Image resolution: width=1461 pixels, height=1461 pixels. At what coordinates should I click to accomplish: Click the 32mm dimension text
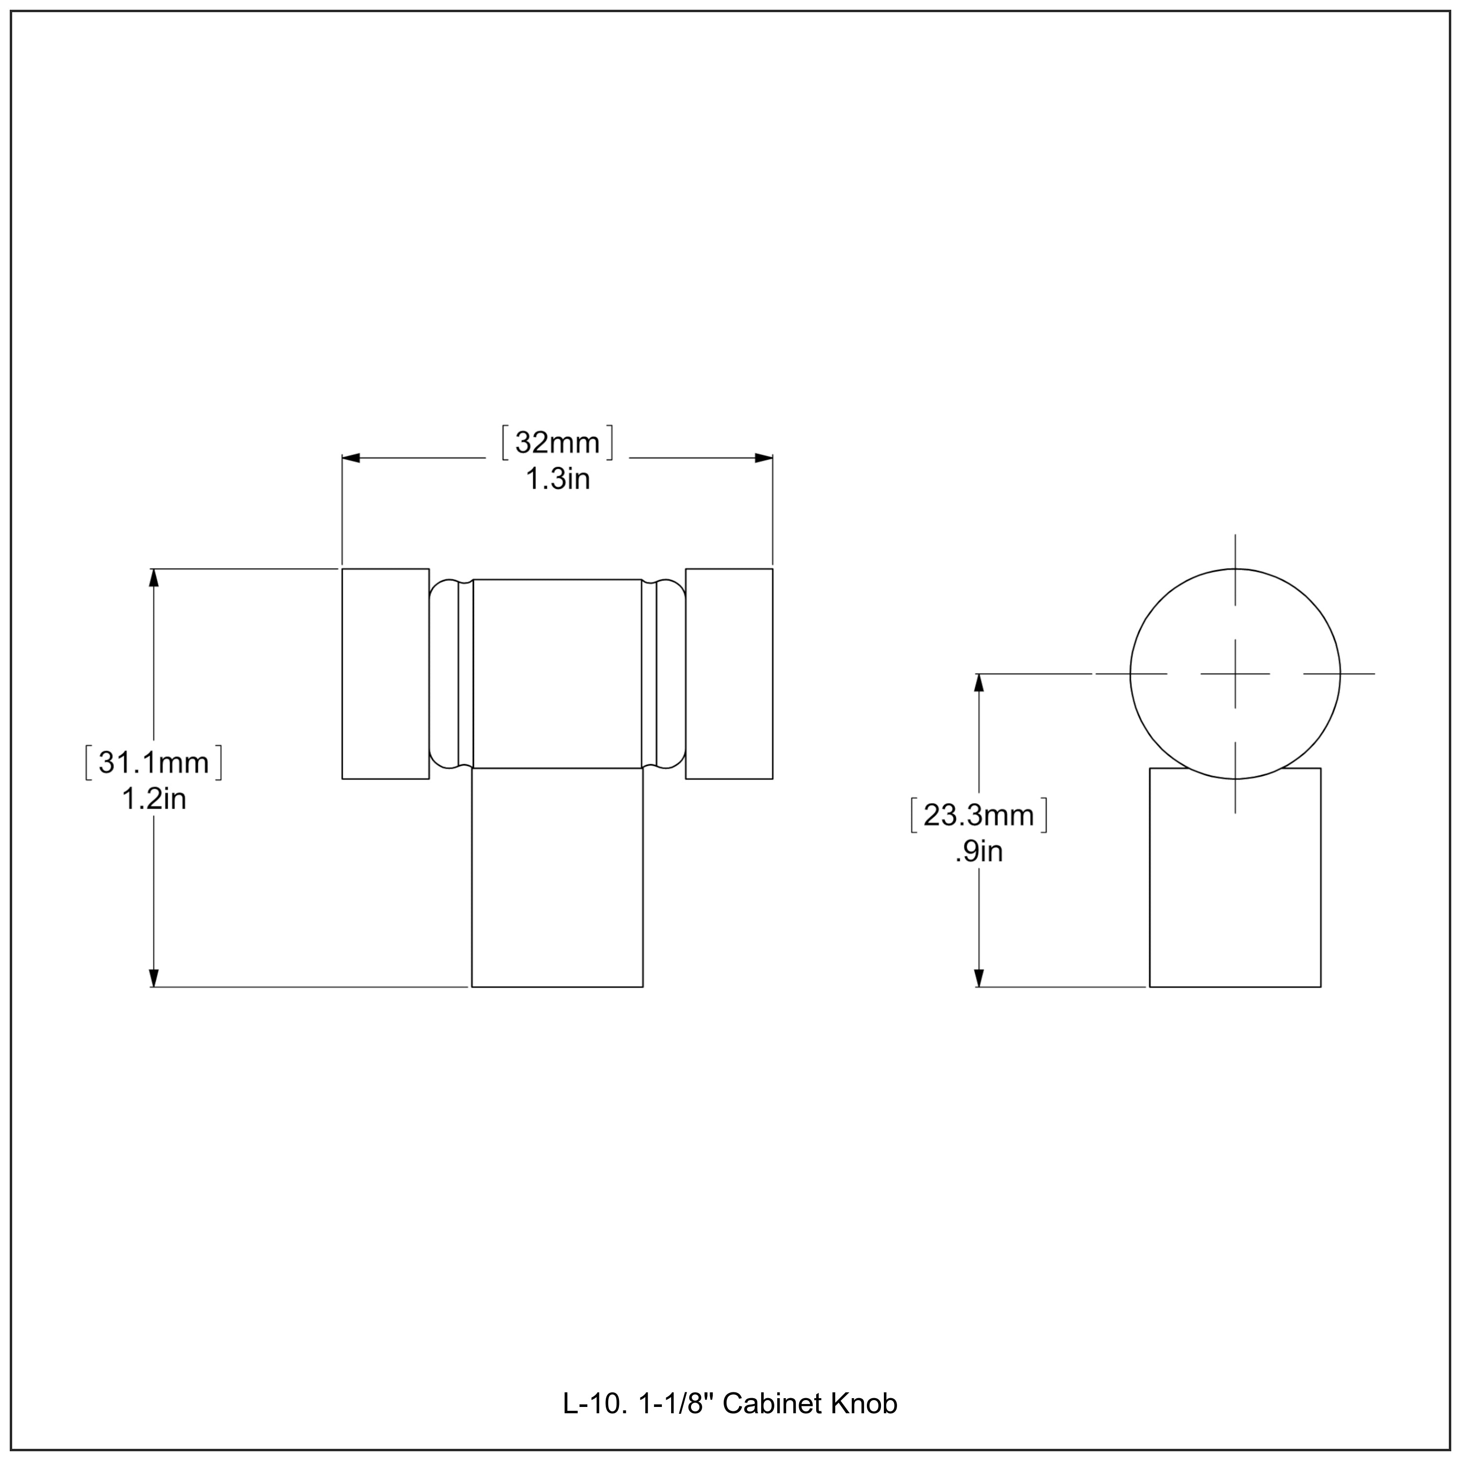(x=557, y=442)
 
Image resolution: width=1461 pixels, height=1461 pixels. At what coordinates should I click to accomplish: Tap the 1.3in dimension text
(x=557, y=479)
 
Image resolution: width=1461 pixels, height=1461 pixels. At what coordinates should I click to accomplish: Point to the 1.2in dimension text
(x=153, y=799)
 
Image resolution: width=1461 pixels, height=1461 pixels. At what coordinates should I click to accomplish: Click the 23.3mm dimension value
(x=978, y=815)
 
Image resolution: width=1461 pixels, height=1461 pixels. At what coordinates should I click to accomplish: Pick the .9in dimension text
(x=978, y=851)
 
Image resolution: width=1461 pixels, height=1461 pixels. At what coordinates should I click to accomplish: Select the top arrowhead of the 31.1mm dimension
(x=154, y=578)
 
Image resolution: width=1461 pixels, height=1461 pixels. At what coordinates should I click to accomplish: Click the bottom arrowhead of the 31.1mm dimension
(x=154, y=978)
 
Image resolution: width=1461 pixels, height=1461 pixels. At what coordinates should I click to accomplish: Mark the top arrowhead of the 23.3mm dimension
(x=979, y=683)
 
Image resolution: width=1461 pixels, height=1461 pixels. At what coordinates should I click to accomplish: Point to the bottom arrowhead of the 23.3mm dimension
(x=979, y=978)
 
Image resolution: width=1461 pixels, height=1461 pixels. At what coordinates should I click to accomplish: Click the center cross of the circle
(x=1235, y=674)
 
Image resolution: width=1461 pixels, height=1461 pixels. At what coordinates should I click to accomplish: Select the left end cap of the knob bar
(x=386, y=674)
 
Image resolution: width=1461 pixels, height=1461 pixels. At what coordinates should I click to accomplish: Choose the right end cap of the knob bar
(x=729, y=674)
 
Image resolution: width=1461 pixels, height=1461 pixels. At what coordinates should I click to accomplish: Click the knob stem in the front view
(x=557, y=877)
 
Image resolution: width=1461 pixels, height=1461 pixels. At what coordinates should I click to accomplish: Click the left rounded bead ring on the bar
(x=445, y=674)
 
